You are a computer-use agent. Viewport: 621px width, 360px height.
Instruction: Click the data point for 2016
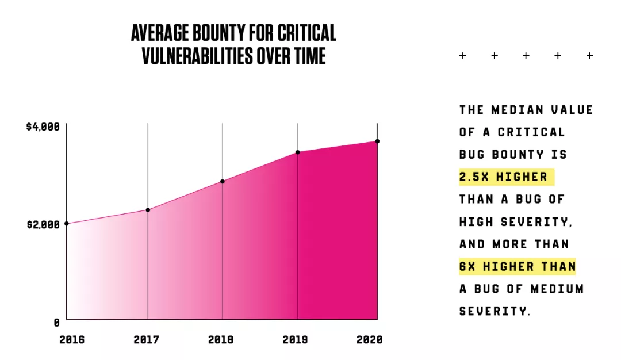67,224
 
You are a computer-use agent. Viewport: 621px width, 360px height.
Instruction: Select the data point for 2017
148,210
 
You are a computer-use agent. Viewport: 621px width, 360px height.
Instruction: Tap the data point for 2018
223,181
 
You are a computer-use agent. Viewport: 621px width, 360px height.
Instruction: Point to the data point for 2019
298,152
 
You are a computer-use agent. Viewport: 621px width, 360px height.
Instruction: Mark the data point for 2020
377,141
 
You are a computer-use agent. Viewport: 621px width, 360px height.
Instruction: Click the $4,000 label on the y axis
43,127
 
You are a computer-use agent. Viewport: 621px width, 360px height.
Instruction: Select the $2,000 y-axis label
43,225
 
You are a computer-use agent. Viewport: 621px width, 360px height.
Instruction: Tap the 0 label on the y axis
56,323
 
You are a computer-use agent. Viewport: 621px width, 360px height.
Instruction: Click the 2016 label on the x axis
72,340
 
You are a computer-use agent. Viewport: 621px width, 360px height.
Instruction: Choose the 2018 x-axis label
221,340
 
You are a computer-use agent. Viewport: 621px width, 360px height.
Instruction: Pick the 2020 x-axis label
370,340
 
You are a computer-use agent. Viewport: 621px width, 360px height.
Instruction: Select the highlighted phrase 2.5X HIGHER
503,177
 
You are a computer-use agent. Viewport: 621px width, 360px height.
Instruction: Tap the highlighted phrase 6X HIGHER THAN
517,266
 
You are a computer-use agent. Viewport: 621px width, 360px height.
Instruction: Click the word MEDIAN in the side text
517,110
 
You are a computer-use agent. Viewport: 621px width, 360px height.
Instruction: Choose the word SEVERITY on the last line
493,311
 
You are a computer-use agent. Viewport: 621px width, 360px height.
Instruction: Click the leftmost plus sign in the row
462,55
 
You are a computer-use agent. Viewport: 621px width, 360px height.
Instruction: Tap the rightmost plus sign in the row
589,55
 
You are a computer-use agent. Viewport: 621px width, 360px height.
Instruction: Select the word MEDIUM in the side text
557,289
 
